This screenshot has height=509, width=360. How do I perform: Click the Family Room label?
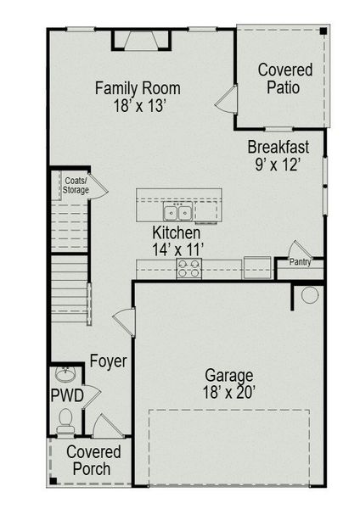[137, 87]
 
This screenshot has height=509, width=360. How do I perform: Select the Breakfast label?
[278, 146]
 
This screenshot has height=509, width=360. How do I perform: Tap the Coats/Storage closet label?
[76, 185]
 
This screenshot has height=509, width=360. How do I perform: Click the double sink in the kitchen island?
[177, 211]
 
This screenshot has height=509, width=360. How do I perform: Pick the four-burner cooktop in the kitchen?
[188, 268]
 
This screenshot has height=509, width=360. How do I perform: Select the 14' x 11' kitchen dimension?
[177, 249]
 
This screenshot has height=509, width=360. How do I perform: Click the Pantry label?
[300, 262]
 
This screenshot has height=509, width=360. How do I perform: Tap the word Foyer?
[108, 361]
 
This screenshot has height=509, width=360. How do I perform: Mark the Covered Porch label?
[93, 460]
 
